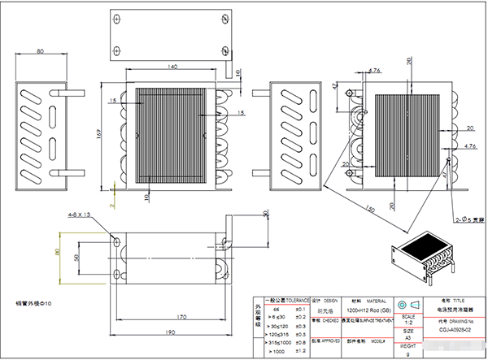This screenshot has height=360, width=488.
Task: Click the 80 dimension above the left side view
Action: tap(41, 53)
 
